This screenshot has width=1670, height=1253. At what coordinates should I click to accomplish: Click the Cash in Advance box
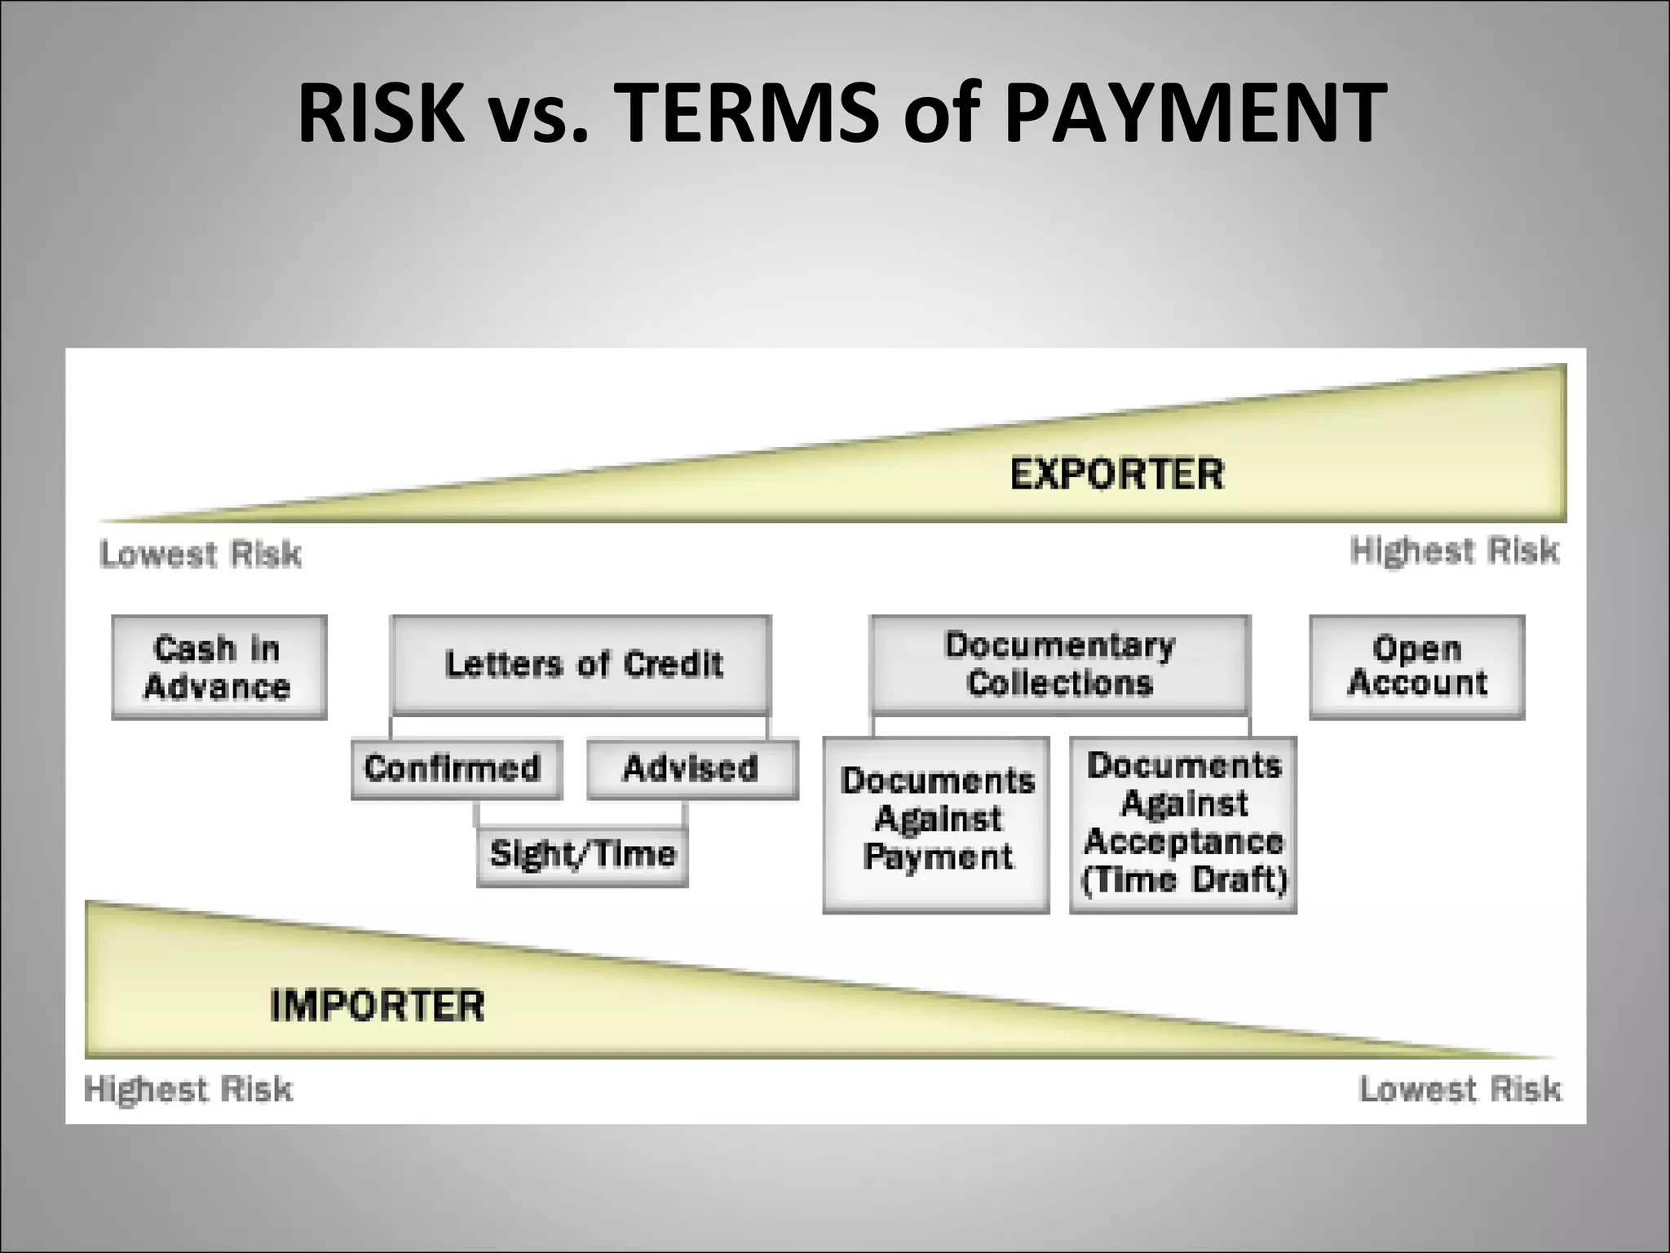point(219,667)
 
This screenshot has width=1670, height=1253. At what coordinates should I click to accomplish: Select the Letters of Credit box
point(581,664)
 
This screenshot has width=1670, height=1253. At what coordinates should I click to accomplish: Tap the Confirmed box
point(456,768)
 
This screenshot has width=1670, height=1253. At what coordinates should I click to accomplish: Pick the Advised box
point(691,768)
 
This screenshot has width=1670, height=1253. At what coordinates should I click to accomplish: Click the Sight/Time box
point(582,855)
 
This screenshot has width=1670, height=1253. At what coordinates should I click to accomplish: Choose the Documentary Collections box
point(1059,664)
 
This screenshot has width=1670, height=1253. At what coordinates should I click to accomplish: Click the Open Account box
point(1416,667)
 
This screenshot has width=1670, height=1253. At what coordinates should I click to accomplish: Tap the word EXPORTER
point(1117,475)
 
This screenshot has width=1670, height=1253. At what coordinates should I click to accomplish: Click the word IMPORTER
point(377,1005)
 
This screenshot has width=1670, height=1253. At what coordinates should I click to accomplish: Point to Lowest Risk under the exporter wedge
point(201,555)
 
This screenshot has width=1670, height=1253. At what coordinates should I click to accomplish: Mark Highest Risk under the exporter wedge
point(1454,551)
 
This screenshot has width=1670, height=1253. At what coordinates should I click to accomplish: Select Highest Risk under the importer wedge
point(188,1090)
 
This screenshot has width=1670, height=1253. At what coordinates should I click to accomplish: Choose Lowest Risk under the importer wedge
point(1460,1090)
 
